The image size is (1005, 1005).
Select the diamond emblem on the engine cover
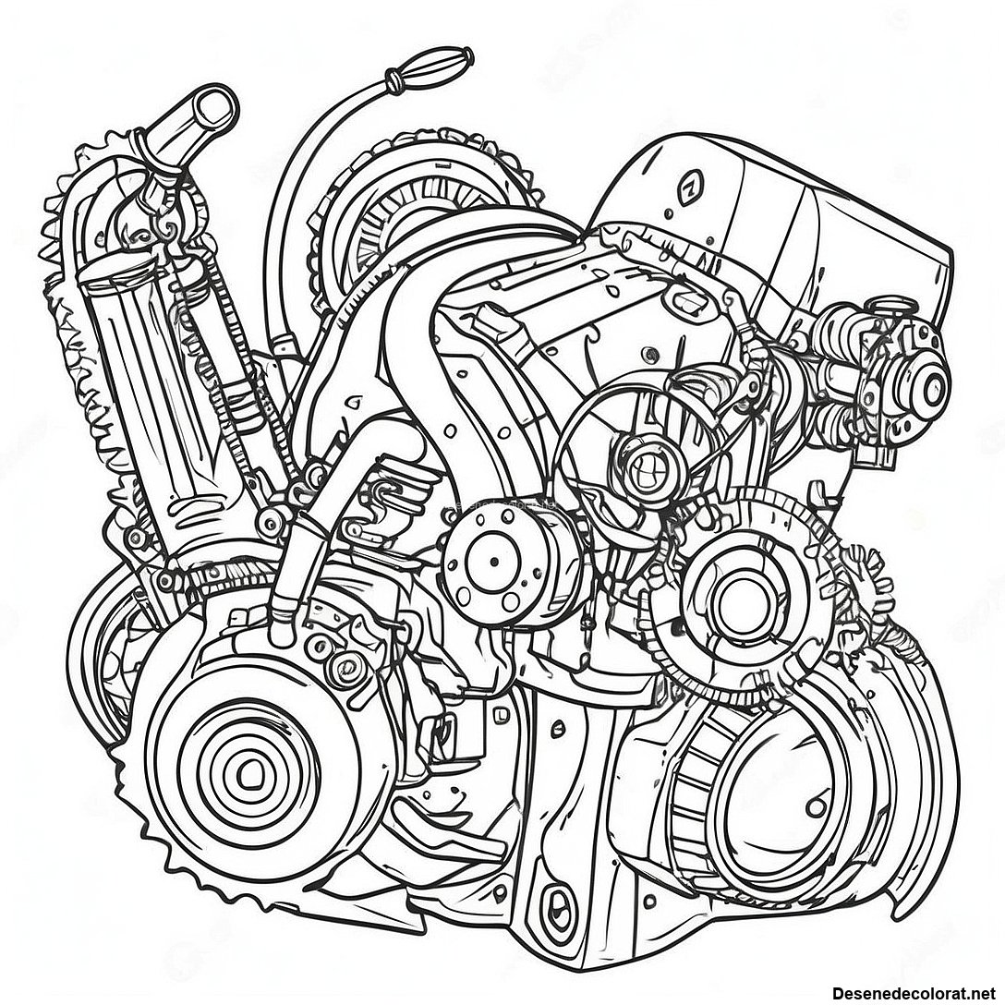pos(690,186)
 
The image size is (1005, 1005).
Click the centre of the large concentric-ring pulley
pos(248,775)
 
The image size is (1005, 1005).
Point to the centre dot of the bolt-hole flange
pos(494,563)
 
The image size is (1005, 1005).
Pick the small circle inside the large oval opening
pos(816,805)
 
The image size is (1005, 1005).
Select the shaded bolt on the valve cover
pos(651,351)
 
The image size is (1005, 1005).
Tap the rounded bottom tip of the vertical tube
pos(282,633)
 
